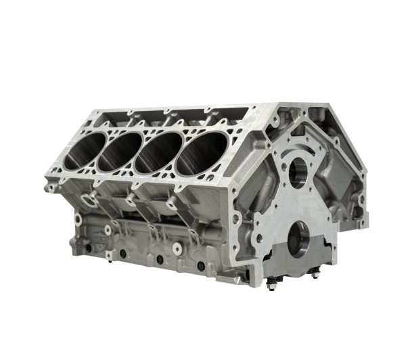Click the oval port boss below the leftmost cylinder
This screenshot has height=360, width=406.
87,197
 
